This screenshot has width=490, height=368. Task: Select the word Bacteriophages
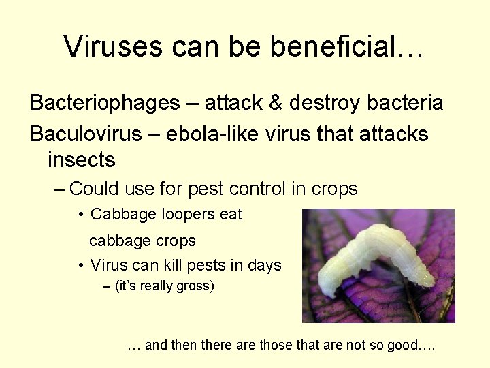point(105,104)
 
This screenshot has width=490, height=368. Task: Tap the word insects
point(82,161)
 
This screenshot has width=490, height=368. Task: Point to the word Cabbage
point(123,215)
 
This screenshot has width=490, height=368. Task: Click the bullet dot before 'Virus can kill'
point(81,266)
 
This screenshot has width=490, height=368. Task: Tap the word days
point(264,266)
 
